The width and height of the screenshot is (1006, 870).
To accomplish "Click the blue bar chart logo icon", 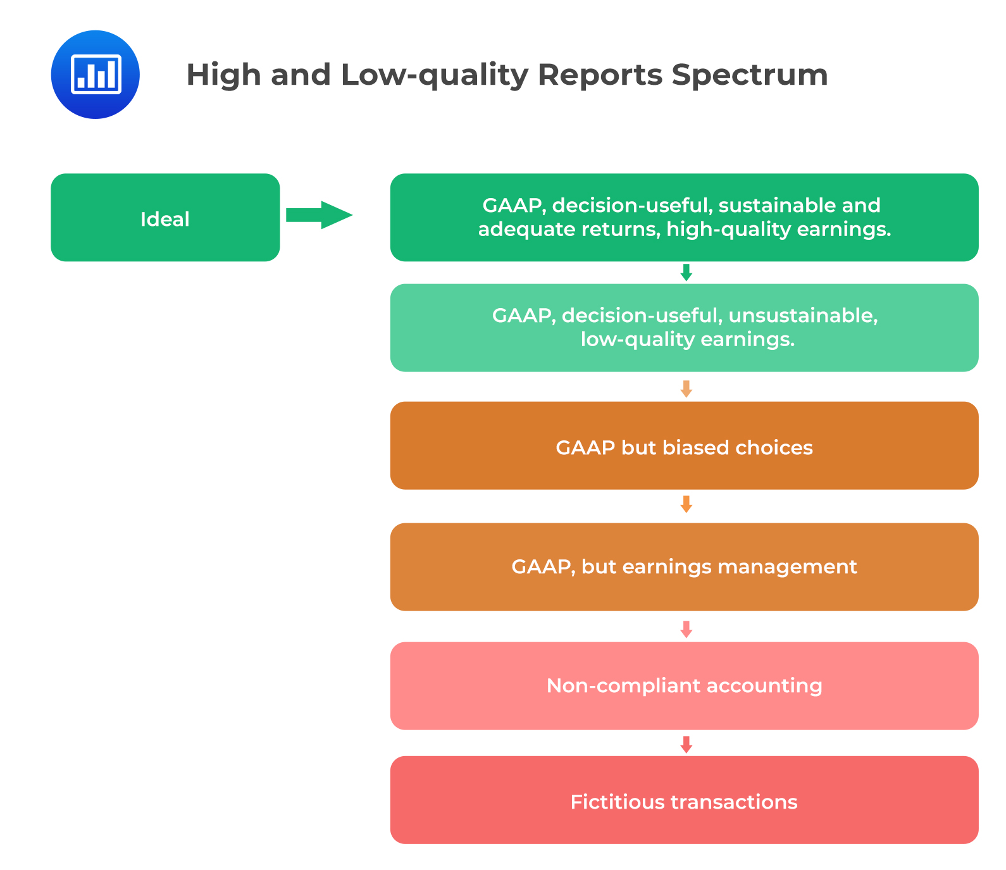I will pyautogui.click(x=95, y=75).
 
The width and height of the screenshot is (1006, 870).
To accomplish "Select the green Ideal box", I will pyautogui.click(x=165, y=218).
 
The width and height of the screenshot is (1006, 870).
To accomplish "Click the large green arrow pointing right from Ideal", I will pyautogui.click(x=318, y=215).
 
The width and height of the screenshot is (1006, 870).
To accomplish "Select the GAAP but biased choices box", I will pyautogui.click(x=684, y=445).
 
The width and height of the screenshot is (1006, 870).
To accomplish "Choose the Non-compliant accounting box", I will pyautogui.click(x=684, y=686).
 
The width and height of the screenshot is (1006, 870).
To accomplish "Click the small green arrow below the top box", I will pyautogui.click(x=686, y=273).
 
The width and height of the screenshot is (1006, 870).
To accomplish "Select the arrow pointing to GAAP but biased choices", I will pyautogui.click(x=686, y=388).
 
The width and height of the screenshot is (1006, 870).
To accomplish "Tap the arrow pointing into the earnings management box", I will pyautogui.click(x=686, y=504).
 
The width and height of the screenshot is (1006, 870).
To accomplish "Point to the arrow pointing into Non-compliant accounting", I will pyautogui.click(x=686, y=629).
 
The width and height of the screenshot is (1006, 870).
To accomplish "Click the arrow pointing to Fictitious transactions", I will pyautogui.click(x=686, y=744).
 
